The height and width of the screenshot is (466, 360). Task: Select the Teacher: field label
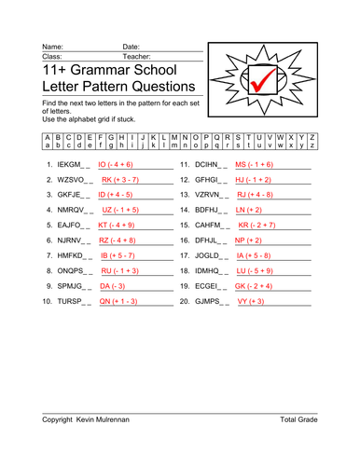136,55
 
